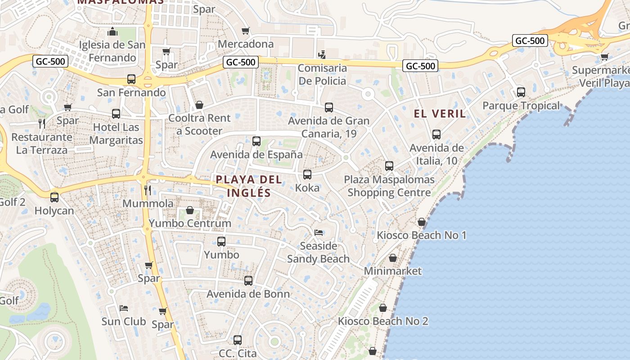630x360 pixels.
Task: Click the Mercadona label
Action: [246, 44]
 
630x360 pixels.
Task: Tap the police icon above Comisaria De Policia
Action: [321, 55]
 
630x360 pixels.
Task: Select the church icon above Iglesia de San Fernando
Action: [112, 31]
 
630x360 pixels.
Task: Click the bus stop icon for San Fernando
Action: [131, 79]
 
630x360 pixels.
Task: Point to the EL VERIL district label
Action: [440, 113]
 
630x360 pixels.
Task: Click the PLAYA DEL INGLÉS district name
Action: [249, 186]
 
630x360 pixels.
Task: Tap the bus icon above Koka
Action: [307, 175]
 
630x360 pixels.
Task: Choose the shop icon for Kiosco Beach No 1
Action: [422, 222]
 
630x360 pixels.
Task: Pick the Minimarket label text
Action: [393, 271]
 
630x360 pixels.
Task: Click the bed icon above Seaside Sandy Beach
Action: [319, 233]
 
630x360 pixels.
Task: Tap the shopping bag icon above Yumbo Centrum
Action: [190, 210]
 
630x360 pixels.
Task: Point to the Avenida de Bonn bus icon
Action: [248, 281]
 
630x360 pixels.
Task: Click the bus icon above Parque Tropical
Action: [521, 92]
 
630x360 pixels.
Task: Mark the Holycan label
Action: [54, 211]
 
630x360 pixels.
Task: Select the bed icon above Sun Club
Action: [124, 308]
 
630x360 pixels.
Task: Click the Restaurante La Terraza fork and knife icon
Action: [42, 124]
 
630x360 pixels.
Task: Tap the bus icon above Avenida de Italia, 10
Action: [436, 135]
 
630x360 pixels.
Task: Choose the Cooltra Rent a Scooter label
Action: [199, 125]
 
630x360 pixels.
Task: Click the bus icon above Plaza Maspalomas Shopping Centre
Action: [389, 166]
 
